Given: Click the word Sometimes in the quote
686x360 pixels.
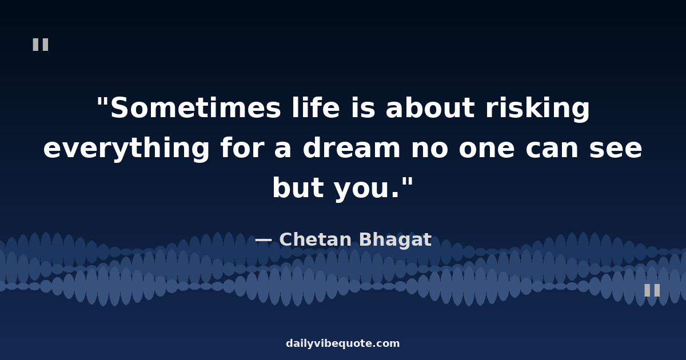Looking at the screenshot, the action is pyautogui.click(x=196, y=108).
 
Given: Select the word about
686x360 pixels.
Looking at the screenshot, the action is pyautogui.click(x=430, y=107).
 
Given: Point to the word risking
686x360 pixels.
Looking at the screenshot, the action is pyautogui.click(x=537, y=109).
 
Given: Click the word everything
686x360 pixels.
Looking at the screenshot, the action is pyautogui.click(x=126, y=149).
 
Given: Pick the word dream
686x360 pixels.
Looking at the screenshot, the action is pyautogui.click(x=352, y=147).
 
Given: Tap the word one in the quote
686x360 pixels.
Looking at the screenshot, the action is pyautogui.click(x=486, y=149).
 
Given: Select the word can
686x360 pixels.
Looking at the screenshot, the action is pyautogui.click(x=552, y=149).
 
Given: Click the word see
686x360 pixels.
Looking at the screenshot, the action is pyautogui.click(x=616, y=149).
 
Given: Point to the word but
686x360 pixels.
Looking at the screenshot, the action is pyautogui.click(x=298, y=187).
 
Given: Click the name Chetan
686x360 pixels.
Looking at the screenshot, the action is pyautogui.click(x=316, y=239).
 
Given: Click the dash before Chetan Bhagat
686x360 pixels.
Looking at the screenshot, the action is pyautogui.click(x=264, y=239).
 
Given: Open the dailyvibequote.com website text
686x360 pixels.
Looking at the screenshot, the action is pyautogui.click(x=342, y=343).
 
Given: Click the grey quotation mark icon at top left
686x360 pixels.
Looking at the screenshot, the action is pyautogui.click(x=41, y=45).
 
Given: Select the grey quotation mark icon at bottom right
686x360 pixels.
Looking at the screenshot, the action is pyautogui.click(x=652, y=290).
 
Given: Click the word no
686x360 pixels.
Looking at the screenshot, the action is pyautogui.click(x=430, y=149).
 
